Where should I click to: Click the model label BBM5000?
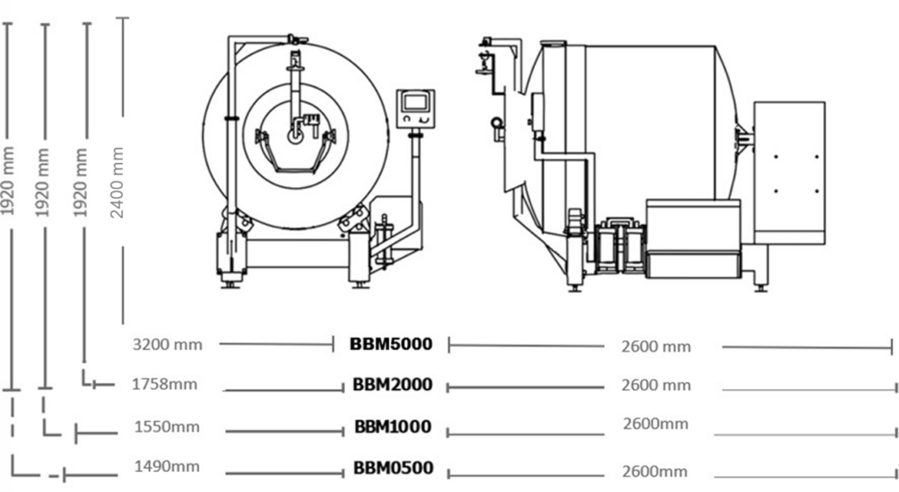[391, 344]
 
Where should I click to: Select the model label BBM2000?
[392, 385]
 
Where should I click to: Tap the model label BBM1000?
[392, 427]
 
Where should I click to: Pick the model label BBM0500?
[393, 468]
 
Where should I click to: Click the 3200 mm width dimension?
[167, 344]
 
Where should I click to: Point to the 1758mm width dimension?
[164, 384]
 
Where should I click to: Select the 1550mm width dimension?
[167, 427]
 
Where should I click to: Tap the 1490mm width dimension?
[167, 467]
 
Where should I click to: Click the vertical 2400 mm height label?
[118, 182]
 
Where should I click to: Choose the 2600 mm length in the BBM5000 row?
[656, 346]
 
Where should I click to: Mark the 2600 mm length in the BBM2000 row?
[656, 385]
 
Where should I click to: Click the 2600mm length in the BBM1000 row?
[656, 424]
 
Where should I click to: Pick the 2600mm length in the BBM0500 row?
[654, 472]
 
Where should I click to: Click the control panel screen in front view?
[415, 103]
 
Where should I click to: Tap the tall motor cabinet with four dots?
[789, 172]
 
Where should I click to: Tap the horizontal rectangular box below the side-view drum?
[693, 239]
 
